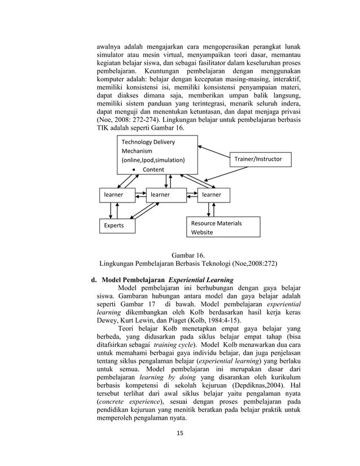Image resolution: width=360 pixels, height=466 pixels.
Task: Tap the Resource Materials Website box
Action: [223, 227]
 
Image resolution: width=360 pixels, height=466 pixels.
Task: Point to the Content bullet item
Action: [153, 169]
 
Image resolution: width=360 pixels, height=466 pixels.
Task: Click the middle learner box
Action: [166, 195]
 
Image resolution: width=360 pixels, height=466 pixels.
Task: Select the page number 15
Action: [179, 433]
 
